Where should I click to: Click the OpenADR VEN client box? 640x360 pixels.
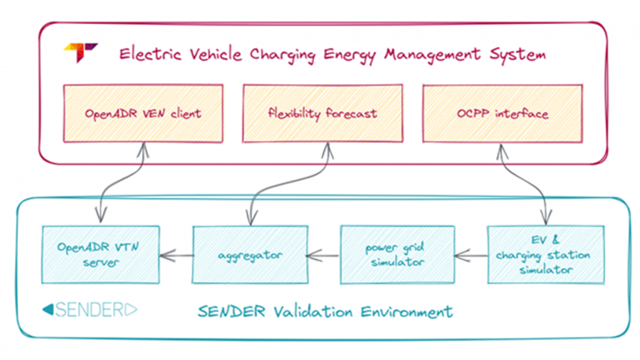pyautogui.click(x=141, y=113)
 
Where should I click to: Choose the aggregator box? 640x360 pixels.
pyautogui.click(x=248, y=255)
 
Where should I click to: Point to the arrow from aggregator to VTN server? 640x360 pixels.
pyautogui.click(x=178, y=254)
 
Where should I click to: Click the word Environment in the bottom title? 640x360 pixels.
pyautogui.click(x=404, y=309)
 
